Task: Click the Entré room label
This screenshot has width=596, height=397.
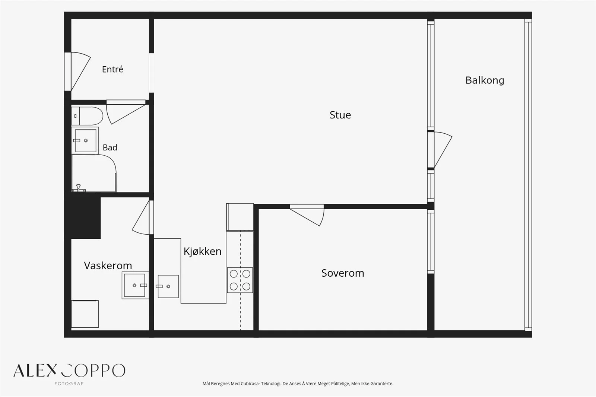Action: (x=112, y=69)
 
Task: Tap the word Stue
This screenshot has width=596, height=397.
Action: (x=340, y=115)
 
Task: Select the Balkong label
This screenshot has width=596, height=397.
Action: (x=485, y=80)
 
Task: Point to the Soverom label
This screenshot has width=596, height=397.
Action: (x=343, y=273)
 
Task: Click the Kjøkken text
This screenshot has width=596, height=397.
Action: (x=203, y=251)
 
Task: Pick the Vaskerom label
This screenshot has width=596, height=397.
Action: (x=108, y=266)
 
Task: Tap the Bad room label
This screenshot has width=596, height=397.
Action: (x=110, y=147)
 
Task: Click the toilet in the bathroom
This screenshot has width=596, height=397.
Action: (x=87, y=116)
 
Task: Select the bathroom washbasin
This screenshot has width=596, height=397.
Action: (x=85, y=140)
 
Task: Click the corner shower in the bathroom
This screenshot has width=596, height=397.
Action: (x=94, y=173)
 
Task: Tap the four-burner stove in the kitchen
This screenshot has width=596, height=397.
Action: (x=240, y=280)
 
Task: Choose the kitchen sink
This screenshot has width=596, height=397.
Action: (x=168, y=286)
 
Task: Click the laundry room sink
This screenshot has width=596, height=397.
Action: (x=135, y=285)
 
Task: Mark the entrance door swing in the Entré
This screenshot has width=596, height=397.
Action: (x=80, y=71)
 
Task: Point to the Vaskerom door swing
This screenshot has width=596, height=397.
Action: (x=141, y=217)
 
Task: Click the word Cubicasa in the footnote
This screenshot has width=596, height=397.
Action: (x=250, y=384)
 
